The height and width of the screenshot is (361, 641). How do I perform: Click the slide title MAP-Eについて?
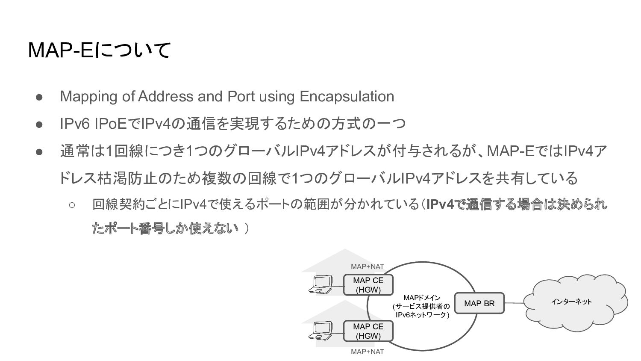pyautogui.click(x=99, y=50)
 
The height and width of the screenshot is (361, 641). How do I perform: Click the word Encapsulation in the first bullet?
pyautogui.click(x=347, y=96)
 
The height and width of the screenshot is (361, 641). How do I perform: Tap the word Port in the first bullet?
pyautogui.click(x=241, y=96)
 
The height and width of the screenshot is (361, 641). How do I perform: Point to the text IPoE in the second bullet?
pyautogui.click(x=111, y=124)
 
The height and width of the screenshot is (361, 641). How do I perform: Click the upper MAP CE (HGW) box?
pyautogui.click(x=368, y=285)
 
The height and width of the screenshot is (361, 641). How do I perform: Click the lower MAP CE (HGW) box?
pyautogui.click(x=368, y=331)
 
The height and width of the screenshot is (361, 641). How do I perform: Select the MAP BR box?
pyautogui.click(x=479, y=303)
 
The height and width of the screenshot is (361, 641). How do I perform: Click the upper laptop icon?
pyautogui.click(x=321, y=284)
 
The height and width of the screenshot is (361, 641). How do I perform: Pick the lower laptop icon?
pyautogui.click(x=321, y=330)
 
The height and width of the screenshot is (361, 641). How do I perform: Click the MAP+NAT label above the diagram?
pyautogui.click(x=367, y=266)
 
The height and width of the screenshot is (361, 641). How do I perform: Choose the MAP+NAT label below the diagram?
pyautogui.click(x=367, y=352)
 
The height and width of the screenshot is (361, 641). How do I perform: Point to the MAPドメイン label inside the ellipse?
pyautogui.click(x=421, y=298)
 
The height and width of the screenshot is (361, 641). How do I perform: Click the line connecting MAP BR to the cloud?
pyautogui.click(x=514, y=303)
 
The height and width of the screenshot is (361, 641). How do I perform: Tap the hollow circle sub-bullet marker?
pyautogui.click(x=72, y=205)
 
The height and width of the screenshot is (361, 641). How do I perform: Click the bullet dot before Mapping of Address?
pyautogui.click(x=39, y=97)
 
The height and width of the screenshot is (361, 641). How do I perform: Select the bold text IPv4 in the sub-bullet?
pyautogui.click(x=440, y=205)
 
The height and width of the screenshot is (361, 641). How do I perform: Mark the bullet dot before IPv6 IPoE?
pyautogui.click(x=39, y=124)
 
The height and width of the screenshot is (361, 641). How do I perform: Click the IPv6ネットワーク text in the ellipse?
pyautogui.click(x=421, y=315)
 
